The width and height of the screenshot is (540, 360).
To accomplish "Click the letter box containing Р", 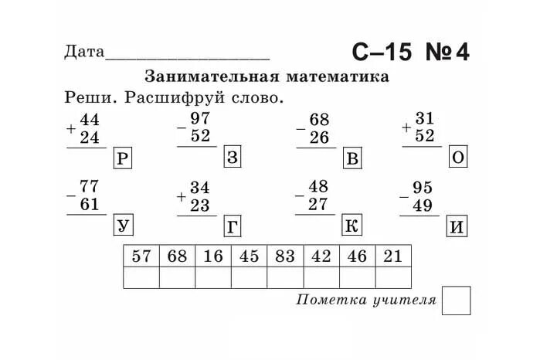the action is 123,159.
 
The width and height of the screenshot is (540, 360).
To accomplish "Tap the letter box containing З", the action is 234,158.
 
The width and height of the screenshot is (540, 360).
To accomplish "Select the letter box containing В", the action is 352,159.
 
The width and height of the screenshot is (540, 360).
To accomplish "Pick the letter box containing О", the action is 459,158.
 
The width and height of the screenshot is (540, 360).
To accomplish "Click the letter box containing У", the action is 123,226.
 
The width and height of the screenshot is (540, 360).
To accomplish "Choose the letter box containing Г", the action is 233,226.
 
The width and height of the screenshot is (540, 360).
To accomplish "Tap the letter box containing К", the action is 352,226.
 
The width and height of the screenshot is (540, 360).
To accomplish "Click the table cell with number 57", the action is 141,256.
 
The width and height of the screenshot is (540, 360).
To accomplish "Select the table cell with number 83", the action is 285,256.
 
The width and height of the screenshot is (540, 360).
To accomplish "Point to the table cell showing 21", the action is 393,256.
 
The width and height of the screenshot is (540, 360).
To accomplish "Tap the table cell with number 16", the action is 213,256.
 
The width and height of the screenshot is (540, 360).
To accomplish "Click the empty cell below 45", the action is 249,277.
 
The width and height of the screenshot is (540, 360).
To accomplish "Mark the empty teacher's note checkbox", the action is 456,301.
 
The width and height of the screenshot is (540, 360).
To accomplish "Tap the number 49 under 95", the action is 422,205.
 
